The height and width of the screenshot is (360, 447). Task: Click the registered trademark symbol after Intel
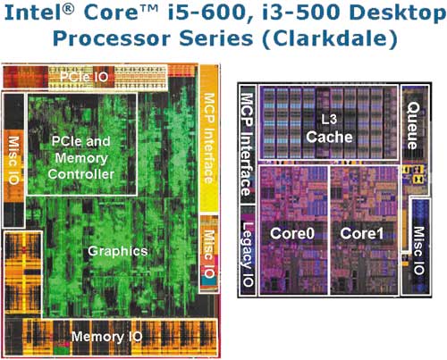[x=68, y=8]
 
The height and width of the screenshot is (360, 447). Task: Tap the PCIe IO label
[x=84, y=77]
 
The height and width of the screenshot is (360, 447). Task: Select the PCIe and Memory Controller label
[x=81, y=157]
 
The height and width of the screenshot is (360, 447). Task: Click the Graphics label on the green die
[x=118, y=251]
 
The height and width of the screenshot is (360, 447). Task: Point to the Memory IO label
[x=106, y=337]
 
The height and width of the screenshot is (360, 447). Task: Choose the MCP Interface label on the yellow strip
[x=209, y=138]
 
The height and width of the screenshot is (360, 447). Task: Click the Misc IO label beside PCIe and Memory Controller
[x=13, y=160]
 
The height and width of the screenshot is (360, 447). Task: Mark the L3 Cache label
[x=329, y=129]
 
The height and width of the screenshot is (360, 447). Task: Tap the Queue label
[x=413, y=126]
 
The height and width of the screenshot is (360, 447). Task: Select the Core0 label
[x=292, y=233]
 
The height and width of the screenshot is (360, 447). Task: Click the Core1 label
[x=362, y=233]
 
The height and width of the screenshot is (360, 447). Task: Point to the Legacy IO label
[x=248, y=255]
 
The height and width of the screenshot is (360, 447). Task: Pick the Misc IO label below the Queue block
[x=418, y=250]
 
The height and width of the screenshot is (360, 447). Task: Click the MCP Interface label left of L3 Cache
[x=247, y=144]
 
